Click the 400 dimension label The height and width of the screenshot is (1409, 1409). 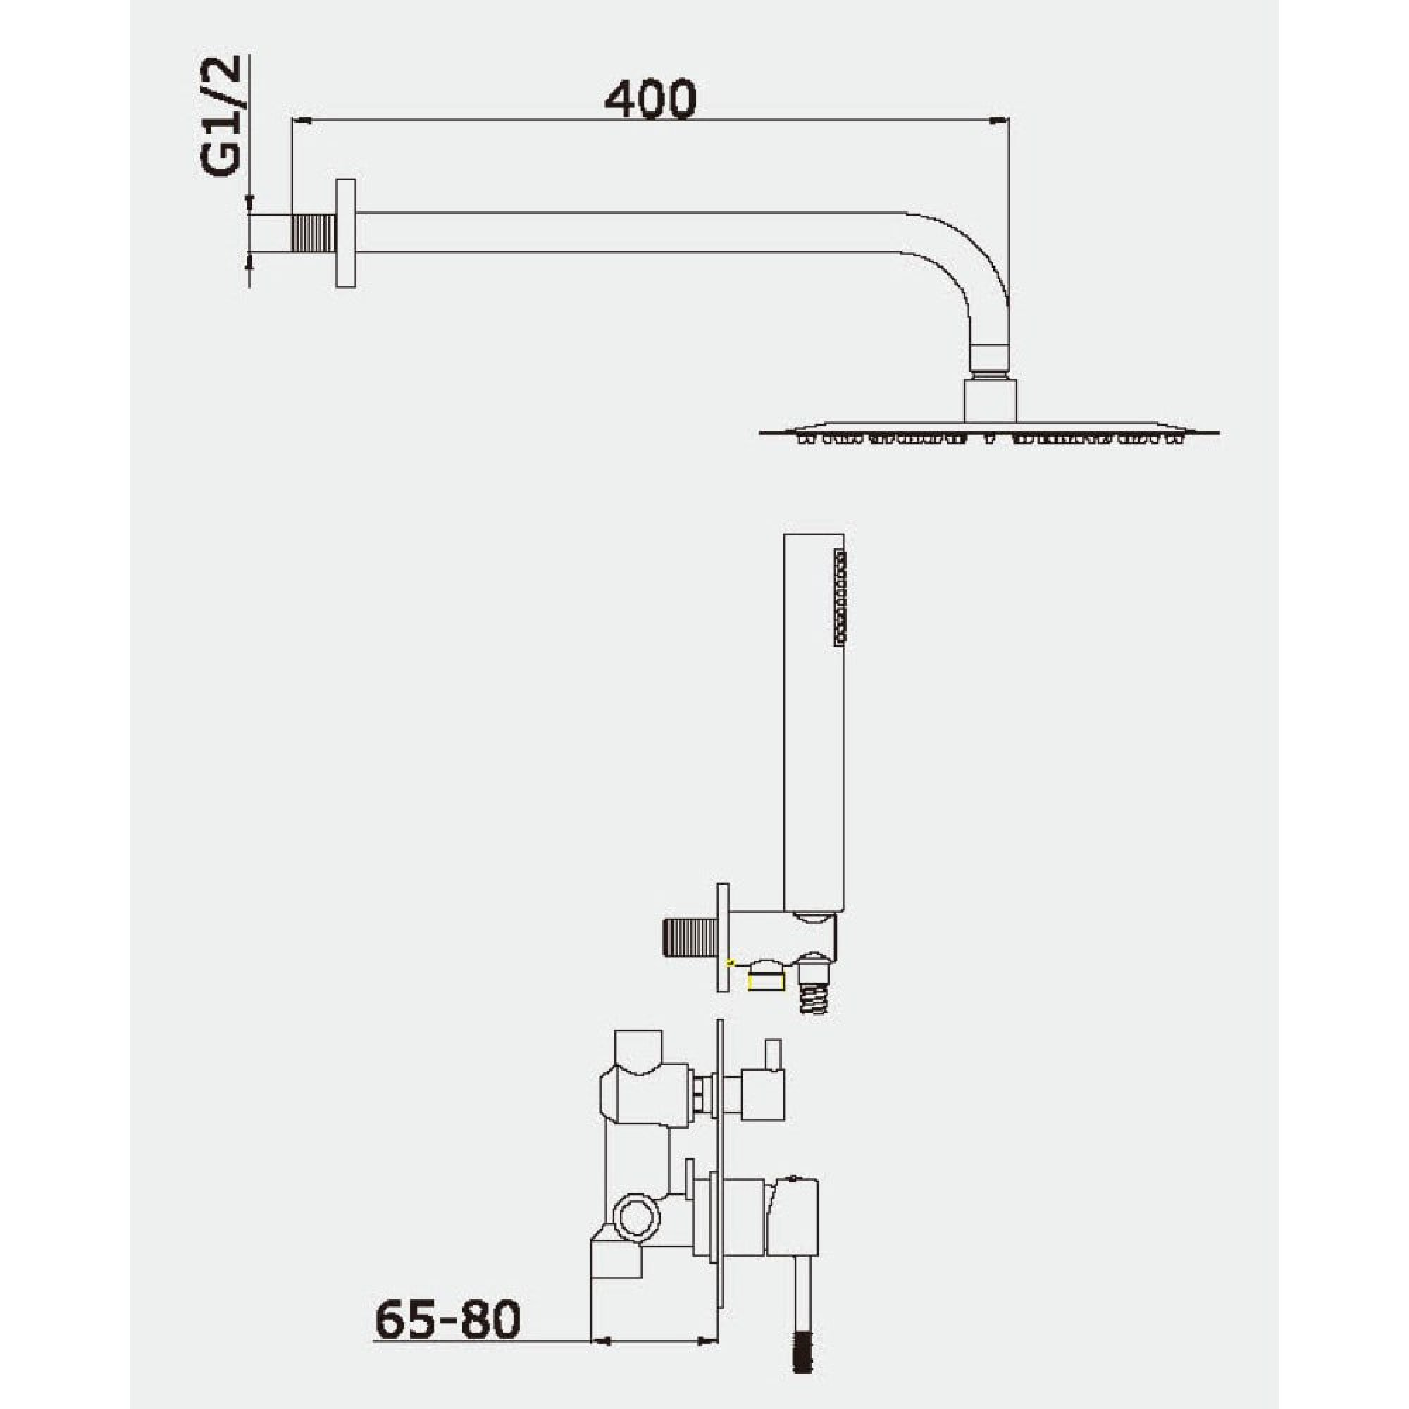click(650, 100)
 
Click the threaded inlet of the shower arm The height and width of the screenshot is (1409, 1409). click(314, 232)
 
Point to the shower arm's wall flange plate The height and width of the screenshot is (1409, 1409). click(346, 232)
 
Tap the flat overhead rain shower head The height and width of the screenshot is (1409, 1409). click(989, 432)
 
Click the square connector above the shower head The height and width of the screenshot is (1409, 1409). click(991, 399)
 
